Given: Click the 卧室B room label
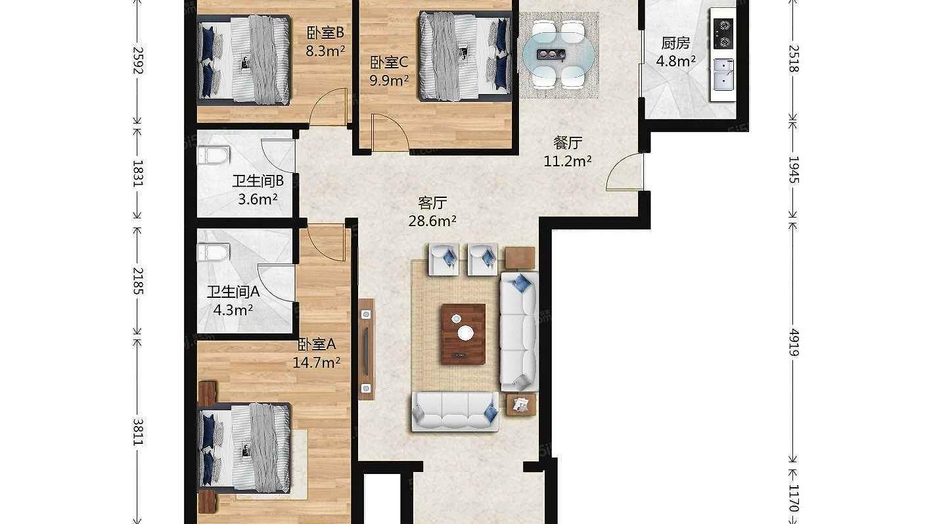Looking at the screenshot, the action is click(325, 32).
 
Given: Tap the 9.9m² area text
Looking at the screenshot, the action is click(389, 80).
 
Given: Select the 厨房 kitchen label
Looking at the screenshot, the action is click(675, 43).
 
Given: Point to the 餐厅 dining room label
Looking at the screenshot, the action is click(567, 143).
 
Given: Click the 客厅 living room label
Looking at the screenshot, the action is click(432, 203).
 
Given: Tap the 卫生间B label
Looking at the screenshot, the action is click(258, 181).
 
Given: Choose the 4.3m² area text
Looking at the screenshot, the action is click(233, 310).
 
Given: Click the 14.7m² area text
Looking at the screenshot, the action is click(317, 363).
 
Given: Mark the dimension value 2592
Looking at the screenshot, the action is click(138, 60).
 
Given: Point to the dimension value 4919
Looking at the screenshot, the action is click(794, 343).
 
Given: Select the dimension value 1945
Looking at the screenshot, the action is click(794, 170).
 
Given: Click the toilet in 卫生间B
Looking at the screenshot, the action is click(213, 156).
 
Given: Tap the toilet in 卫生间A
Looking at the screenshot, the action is click(214, 252).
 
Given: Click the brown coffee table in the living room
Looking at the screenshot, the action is click(463, 334).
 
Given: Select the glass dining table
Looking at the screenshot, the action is click(558, 55).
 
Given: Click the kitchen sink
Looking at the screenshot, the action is click(724, 74).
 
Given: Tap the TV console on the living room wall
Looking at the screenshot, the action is click(366, 349).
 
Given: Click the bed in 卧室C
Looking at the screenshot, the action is click(465, 56).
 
